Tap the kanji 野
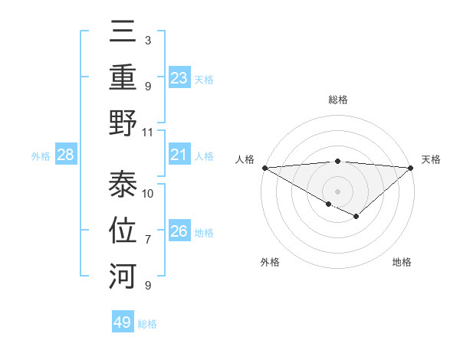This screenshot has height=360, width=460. pos(123,123)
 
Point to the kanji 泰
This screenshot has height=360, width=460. pos(123,184)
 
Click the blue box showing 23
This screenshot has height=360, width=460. pos(179,77)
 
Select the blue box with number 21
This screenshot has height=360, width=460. pos(179,155)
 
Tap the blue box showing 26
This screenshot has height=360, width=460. pos(179,231)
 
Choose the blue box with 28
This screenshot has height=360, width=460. pos(66,155)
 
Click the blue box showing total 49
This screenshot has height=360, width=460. pos(123,322)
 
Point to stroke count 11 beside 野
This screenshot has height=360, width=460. pos(148,132)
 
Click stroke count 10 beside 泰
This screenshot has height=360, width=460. pos(148,193)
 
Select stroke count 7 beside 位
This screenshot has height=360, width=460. pos(148,240)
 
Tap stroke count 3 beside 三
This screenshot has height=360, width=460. pos(147,40)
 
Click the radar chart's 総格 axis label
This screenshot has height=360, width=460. pos(337,100)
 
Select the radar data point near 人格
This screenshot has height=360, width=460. pos(264,168)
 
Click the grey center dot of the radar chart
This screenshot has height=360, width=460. pos(337,191)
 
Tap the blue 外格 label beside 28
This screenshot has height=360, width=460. pos(41,156)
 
